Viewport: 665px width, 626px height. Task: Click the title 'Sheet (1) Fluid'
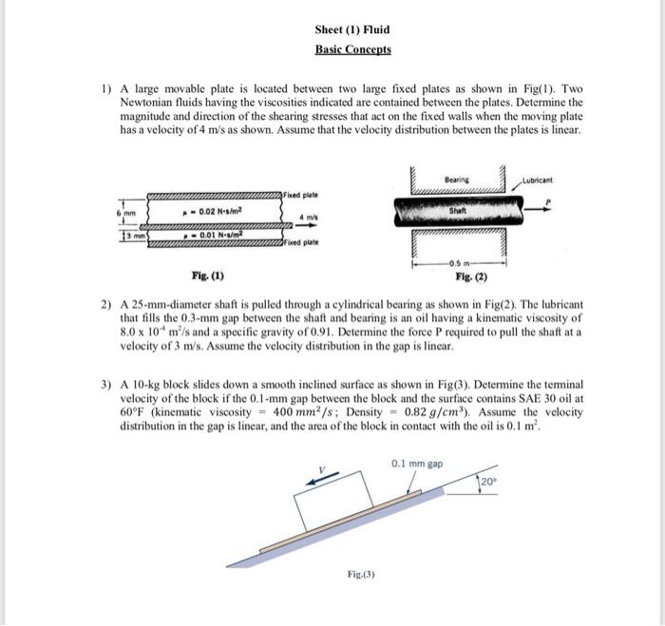click(351, 30)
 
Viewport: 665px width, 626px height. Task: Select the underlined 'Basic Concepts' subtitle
click(352, 49)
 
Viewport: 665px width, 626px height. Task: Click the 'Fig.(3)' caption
click(362, 574)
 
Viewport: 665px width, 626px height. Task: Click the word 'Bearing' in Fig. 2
click(457, 179)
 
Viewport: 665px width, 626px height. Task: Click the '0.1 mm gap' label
click(416, 464)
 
